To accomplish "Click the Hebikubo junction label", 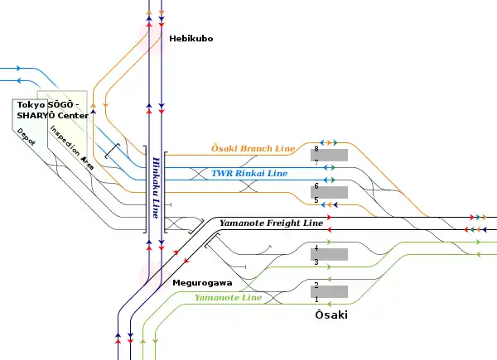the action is [x=191, y=39].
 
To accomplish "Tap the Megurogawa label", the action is [x=202, y=283].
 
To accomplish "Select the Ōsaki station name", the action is [x=331, y=314].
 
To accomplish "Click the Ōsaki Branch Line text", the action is [x=253, y=148].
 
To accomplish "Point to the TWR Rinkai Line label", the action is [x=249, y=173].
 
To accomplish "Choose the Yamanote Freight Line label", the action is [x=272, y=223].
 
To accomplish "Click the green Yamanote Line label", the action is [x=229, y=298].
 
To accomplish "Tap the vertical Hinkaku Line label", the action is [x=156, y=188].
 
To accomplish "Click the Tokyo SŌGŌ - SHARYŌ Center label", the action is [x=53, y=110].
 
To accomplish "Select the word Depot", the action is [x=26, y=137].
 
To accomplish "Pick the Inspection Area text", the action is [x=71, y=147].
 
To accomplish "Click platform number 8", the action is [x=316, y=148].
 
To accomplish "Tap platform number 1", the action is [x=316, y=299].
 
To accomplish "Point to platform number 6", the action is [x=316, y=186].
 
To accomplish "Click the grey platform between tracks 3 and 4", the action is [x=329, y=255].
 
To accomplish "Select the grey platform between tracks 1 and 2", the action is [x=329, y=291].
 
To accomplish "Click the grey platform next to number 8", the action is [x=329, y=155].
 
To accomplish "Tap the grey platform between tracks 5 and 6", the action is [x=329, y=193].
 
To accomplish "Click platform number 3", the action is [x=316, y=262].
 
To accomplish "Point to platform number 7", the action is [x=316, y=163].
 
